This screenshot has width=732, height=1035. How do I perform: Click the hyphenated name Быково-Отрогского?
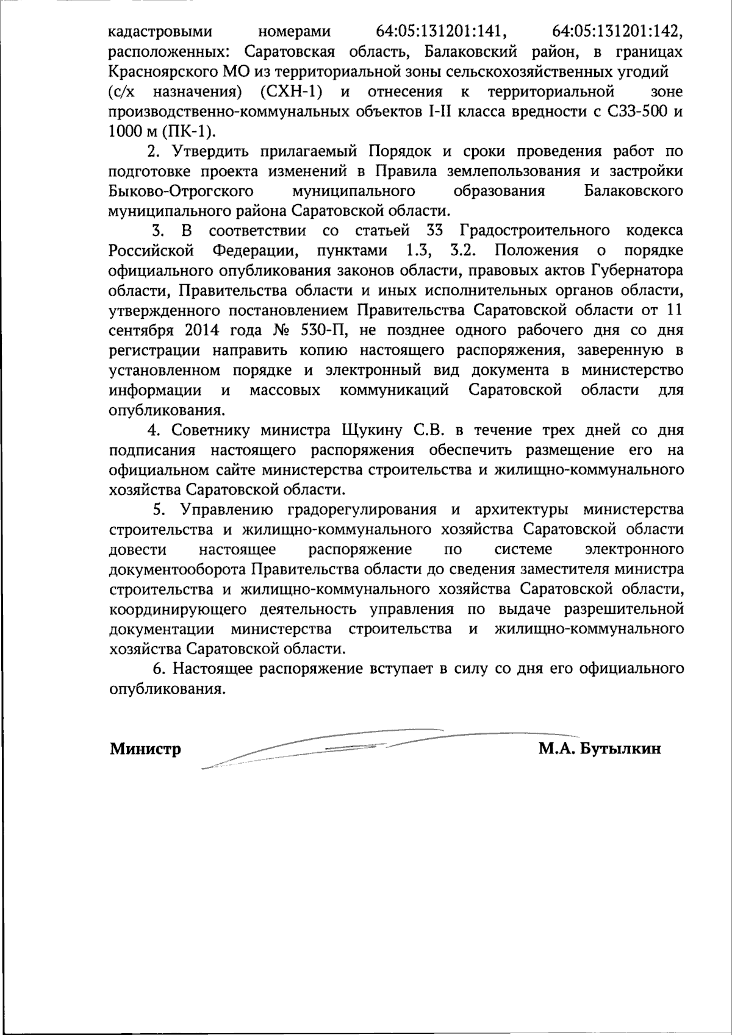(181, 191)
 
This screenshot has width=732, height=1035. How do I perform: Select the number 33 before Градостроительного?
(435, 231)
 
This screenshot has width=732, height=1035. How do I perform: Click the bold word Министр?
(145, 749)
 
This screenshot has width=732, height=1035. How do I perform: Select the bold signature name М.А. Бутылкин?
(600, 749)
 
